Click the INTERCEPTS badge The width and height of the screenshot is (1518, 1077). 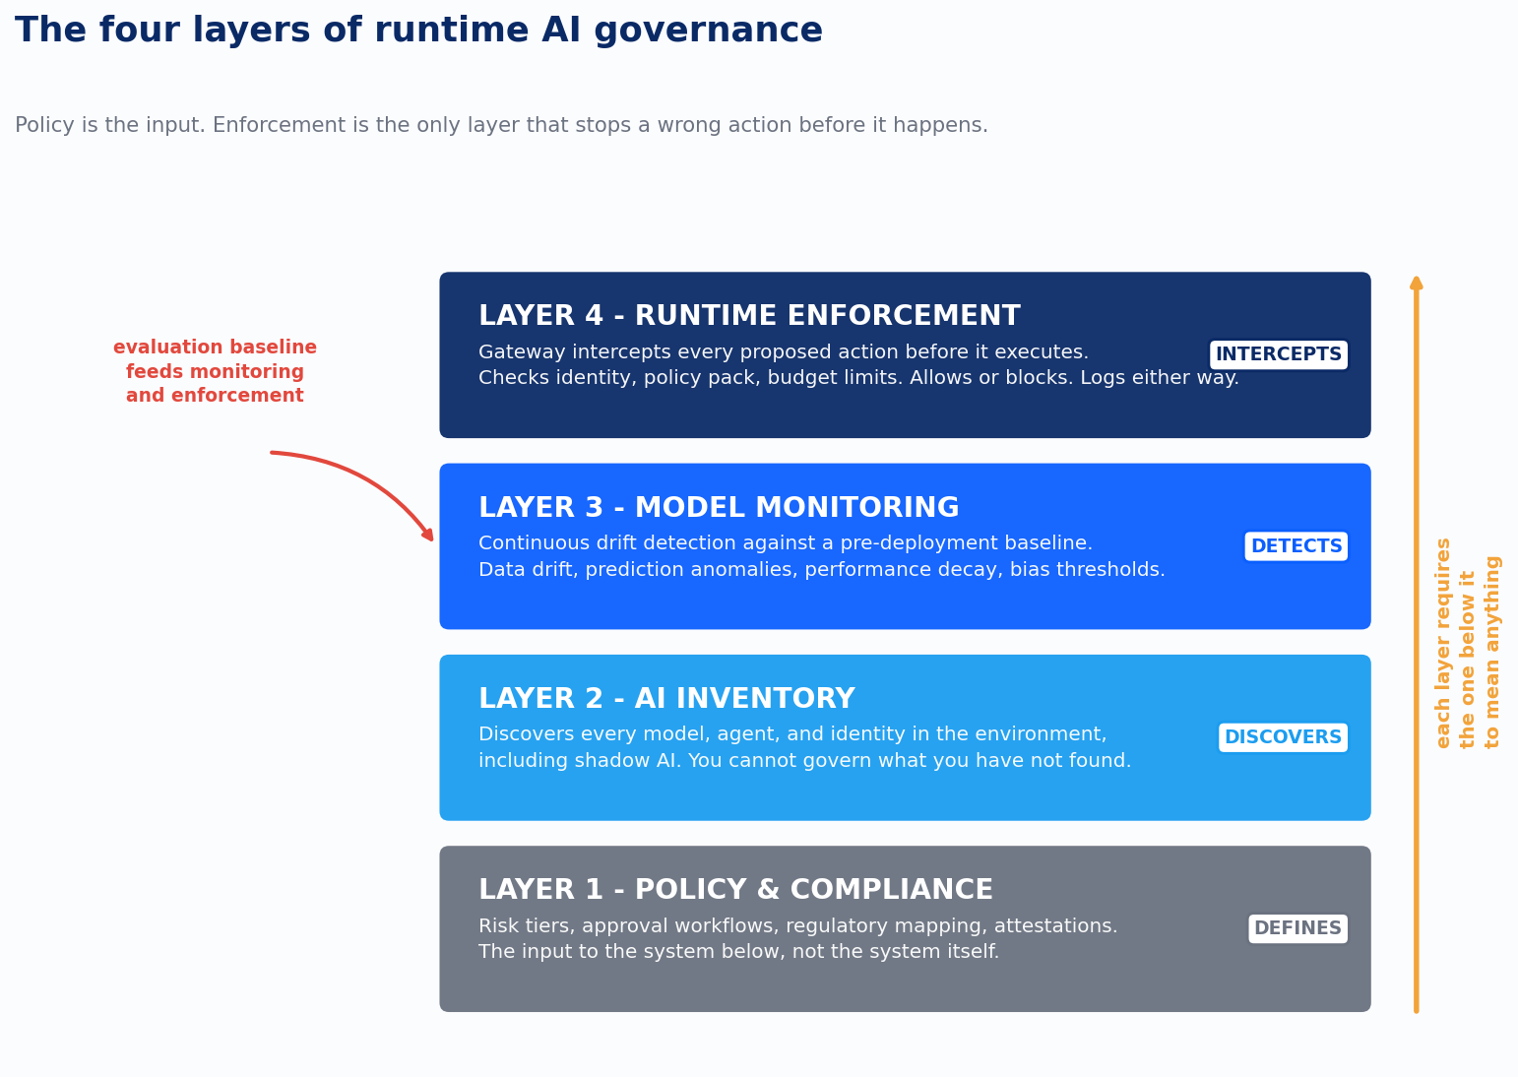tap(1278, 354)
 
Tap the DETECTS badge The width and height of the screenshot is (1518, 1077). tap(1296, 546)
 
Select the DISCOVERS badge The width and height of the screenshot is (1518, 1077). tap(1283, 737)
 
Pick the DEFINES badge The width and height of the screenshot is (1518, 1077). tap(1297, 928)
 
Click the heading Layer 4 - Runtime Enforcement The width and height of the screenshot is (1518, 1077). tap(749, 316)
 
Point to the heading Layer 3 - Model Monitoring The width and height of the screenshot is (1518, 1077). tap(719, 508)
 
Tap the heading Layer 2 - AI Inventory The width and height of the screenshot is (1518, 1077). tap(666, 699)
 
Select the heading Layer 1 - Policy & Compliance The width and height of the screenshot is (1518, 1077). tap(735, 890)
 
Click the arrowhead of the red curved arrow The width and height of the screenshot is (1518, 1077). tap(428, 535)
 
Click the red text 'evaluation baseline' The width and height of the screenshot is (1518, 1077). tap(215, 348)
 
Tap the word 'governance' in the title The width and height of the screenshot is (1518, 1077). tap(708, 32)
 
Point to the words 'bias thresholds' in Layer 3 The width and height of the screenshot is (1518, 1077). tap(1087, 569)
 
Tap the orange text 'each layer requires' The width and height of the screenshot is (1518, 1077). tap(1443, 643)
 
